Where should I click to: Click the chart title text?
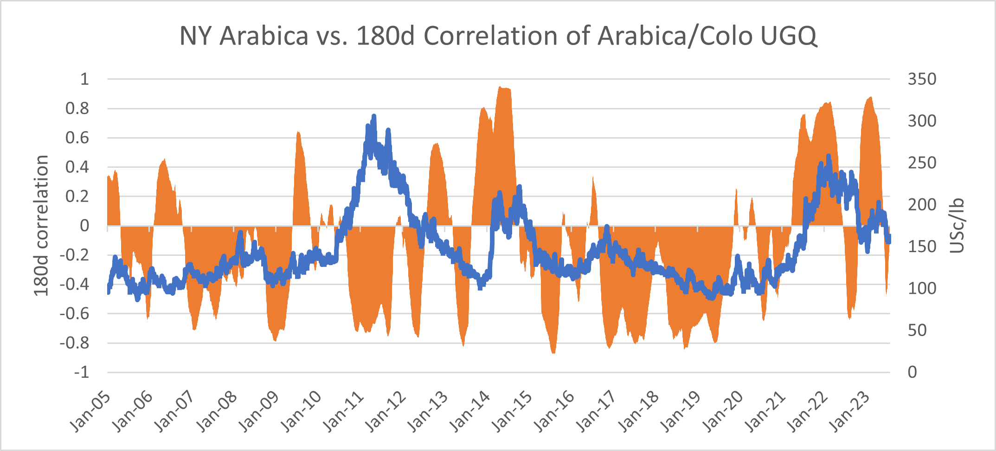(498, 36)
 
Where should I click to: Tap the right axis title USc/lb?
(957, 226)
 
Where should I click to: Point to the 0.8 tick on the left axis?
(77, 108)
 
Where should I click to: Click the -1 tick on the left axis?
(81, 372)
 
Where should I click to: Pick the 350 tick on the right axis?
(922, 79)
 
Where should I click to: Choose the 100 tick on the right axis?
(922, 288)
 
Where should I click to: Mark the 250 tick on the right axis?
(922, 163)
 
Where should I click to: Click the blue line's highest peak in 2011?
(374, 116)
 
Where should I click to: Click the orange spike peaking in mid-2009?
(298, 133)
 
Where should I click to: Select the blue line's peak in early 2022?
(828, 156)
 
